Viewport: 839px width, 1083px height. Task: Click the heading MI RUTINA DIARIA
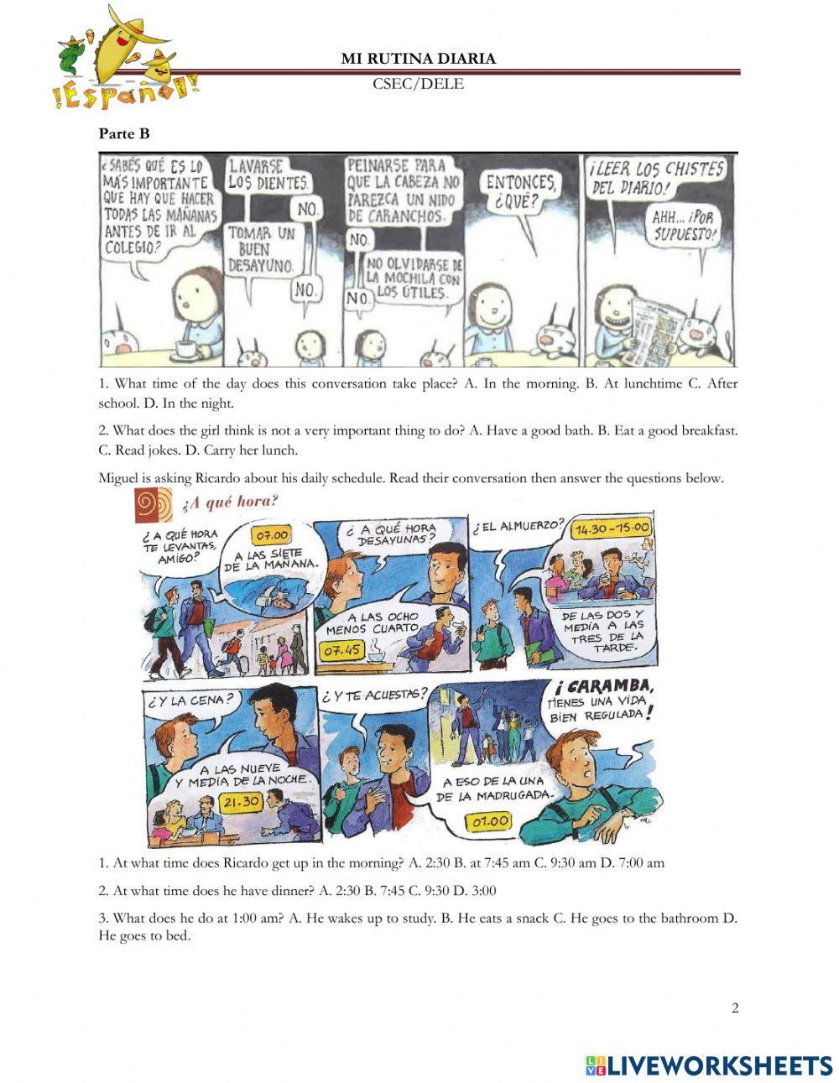click(x=418, y=59)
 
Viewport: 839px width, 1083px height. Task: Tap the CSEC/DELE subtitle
click(x=418, y=84)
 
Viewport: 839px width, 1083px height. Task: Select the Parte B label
click(x=124, y=133)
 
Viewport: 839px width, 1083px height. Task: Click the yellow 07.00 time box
click(x=272, y=535)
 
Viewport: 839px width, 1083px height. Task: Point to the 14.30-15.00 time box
click(x=612, y=528)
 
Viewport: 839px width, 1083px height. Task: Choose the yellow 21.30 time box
click(x=240, y=802)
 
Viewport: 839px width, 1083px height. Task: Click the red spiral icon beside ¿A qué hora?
click(x=154, y=505)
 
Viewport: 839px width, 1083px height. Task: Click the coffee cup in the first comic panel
click(x=185, y=349)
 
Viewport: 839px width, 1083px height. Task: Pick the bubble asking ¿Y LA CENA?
click(x=190, y=700)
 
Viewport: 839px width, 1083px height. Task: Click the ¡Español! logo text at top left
click(x=126, y=91)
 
